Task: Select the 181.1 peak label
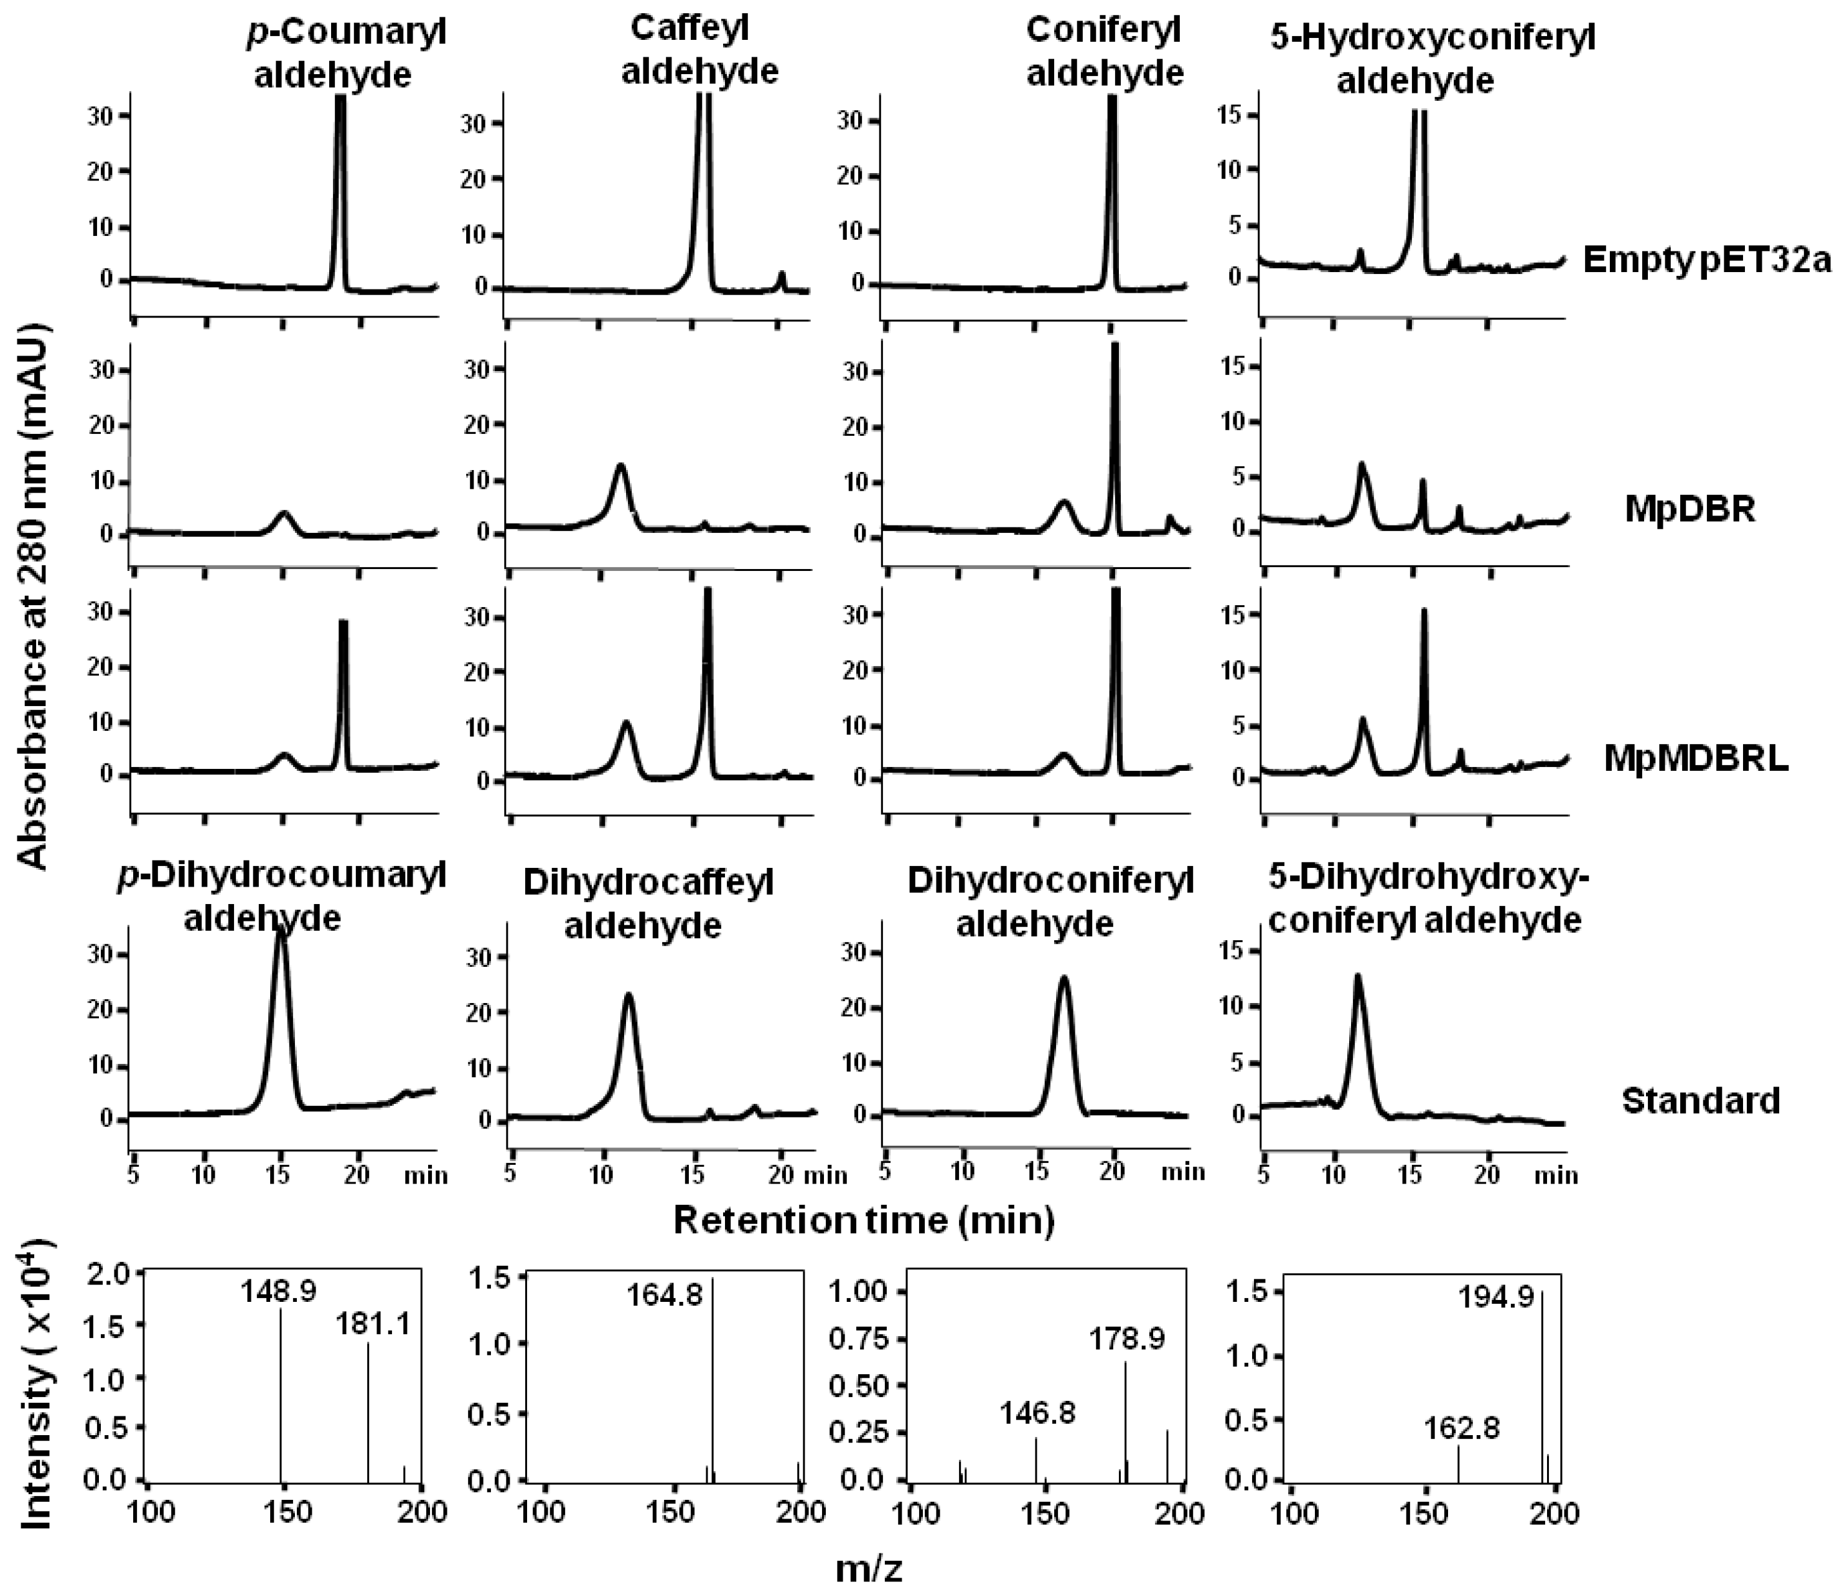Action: coord(373,1325)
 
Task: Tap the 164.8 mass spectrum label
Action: coord(663,1294)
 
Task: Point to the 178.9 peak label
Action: coord(1126,1339)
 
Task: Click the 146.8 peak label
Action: coord(1037,1412)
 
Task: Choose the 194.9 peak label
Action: coord(1495,1298)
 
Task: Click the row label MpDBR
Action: coord(1689,510)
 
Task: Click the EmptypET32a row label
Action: coord(1707,261)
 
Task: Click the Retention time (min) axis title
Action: coord(863,1220)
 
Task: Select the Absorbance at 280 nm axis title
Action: coord(34,596)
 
